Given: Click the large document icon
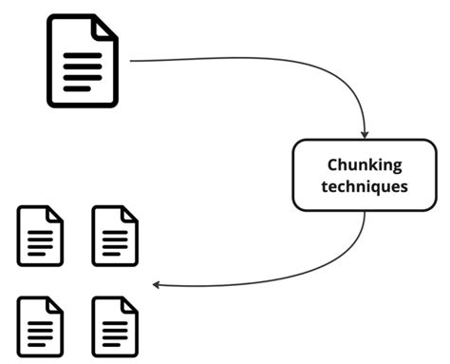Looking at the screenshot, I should point(83,62).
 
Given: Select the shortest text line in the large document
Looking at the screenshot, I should point(77,88).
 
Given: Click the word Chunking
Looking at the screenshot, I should point(365,164).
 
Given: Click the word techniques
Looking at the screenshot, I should point(365,186).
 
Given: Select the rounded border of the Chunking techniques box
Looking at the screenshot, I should point(293,175).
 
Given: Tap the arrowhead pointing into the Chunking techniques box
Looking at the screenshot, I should point(365,134).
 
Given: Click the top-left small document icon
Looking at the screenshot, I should point(41,236).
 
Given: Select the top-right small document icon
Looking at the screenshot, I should point(115,236).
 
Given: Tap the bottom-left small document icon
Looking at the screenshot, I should point(41,325).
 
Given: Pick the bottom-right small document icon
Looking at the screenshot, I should point(115,325).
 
